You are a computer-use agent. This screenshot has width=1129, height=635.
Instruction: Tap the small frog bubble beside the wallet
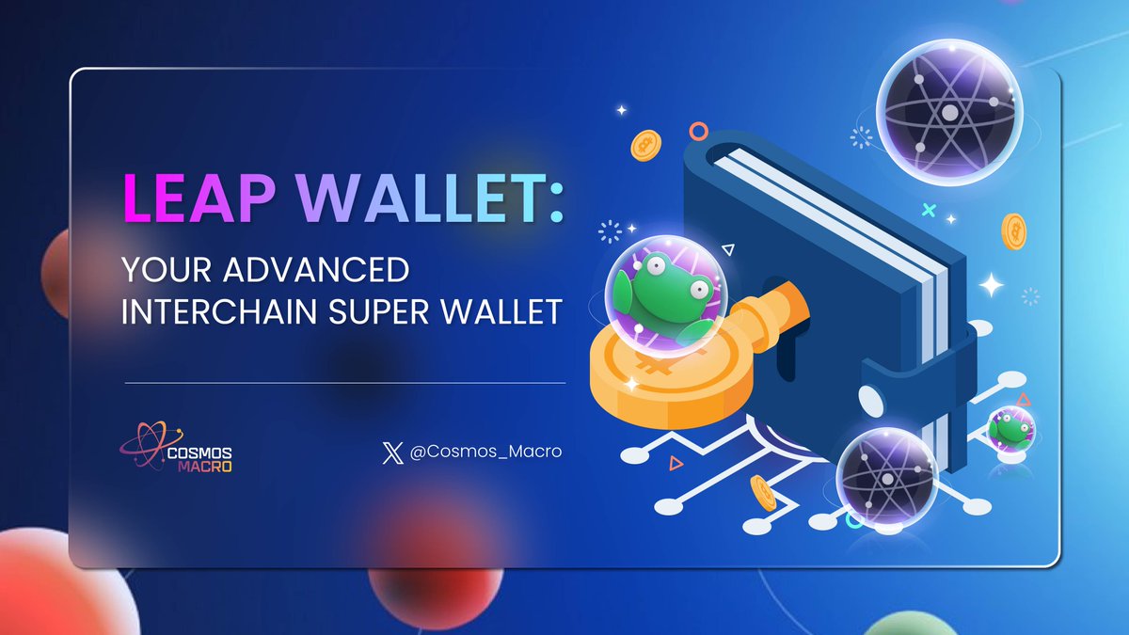point(1011,430)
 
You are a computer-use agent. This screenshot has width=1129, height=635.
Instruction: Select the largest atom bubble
point(948,109)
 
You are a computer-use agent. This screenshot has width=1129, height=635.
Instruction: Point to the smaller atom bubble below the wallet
point(886,475)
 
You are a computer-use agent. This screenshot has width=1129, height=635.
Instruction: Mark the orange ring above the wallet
point(698,131)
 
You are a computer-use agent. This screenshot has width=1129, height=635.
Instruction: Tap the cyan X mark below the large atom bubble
point(930,209)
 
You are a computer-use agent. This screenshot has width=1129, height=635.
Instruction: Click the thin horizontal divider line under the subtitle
point(345,383)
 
